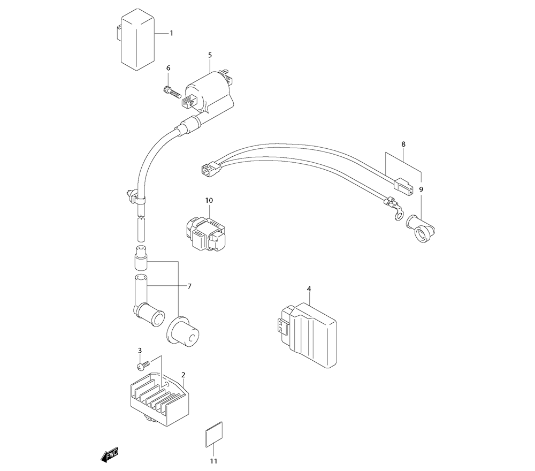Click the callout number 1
pyautogui.click(x=172, y=33)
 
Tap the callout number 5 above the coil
pyautogui.click(x=210, y=55)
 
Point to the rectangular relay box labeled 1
pyautogui.click(x=134, y=39)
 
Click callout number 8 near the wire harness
pyautogui.click(x=403, y=145)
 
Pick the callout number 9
pyautogui.click(x=421, y=189)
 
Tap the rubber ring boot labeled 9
pyautogui.click(x=421, y=228)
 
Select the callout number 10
pyautogui.click(x=209, y=200)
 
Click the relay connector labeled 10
pyautogui.click(x=206, y=234)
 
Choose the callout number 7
pyautogui.click(x=189, y=286)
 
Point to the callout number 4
pyautogui.click(x=309, y=289)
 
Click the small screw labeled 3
pyautogui.click(x=143, y=366)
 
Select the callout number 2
pyautogui.click(x=183, y=375)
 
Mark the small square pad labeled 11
pyautogui.click(x=215, y=434)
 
